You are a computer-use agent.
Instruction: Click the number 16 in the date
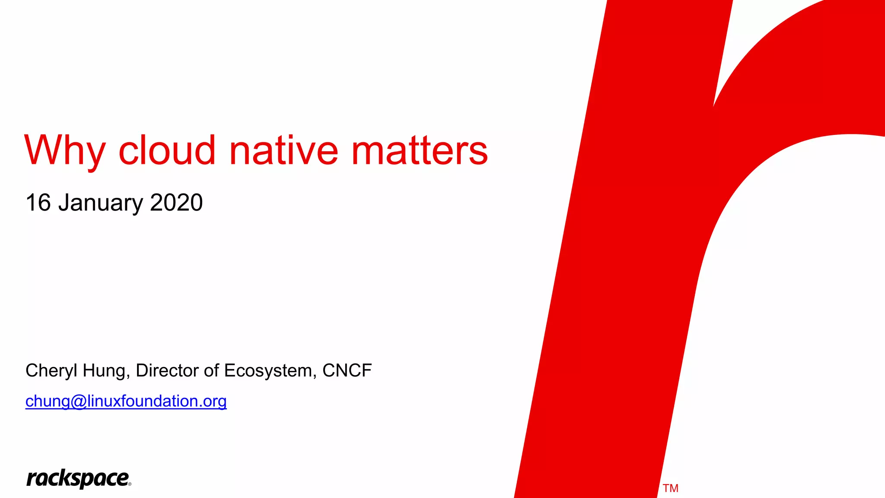point(38,202)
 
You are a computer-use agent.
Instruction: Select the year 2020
point(176,202)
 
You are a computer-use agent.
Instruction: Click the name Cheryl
point(51,370)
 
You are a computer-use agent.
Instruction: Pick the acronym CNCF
point(347,370)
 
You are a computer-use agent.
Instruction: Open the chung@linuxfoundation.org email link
point(126,401)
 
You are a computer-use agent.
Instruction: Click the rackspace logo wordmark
point(77,479)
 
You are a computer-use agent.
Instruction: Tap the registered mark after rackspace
point(130,484)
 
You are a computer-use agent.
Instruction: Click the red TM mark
point(670,488)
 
